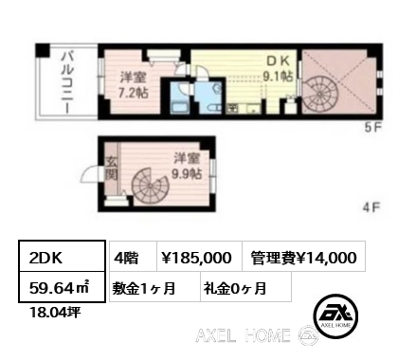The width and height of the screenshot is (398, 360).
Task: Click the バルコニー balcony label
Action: click(x=67, y=82)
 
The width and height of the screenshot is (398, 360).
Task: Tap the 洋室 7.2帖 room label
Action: click(x=133, y=84)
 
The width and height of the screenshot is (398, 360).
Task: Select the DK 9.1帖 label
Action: click(x=278, y=69)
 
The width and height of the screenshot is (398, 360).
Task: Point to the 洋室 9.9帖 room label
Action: click(x=187, y=167)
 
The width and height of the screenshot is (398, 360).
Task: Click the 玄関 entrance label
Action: click(x=111, y=169)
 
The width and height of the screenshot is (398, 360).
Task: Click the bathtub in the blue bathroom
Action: click(x=179, y=108)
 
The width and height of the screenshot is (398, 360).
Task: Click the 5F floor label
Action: click(x=373, y=128)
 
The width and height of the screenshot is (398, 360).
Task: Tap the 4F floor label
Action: click(x=371, y=207)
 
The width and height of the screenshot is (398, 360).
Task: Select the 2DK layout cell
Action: click(x=62, y=256)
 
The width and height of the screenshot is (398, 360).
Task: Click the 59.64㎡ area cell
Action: click(x=62, y=287)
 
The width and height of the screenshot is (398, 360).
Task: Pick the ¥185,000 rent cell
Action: click(x=199, y=256)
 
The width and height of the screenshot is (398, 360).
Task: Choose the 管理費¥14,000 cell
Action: click(x=303, y=256)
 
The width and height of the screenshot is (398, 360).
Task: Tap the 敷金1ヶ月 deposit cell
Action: click(x=154, y=287)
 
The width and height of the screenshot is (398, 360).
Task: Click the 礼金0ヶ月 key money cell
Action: click(x=245, y=287)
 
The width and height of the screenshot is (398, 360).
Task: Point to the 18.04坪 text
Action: click(x=55, y=313)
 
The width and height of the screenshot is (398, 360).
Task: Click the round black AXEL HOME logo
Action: click(x=335, y=316)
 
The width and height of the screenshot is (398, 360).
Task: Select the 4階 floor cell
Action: click(x=133, y=256)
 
